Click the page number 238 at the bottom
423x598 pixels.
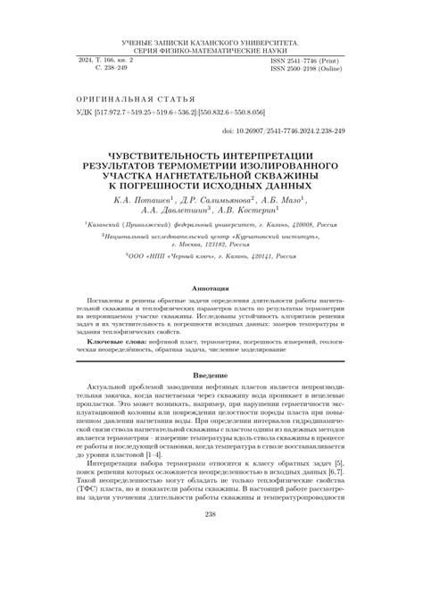pos(211,539)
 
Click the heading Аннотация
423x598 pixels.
pos(211,287)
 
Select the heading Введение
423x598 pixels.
pos(211,377)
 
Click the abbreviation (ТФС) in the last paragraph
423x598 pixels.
pos(99,491)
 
